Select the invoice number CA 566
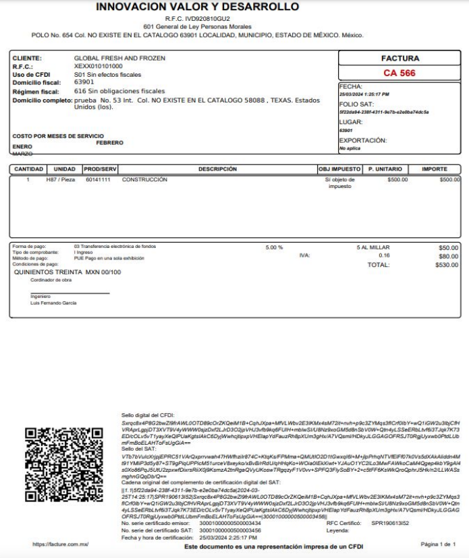point(399,73)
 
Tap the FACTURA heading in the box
point(400,59)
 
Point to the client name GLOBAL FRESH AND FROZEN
point(119,59)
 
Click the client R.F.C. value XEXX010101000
point(99,67)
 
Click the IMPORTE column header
point(435,168)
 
